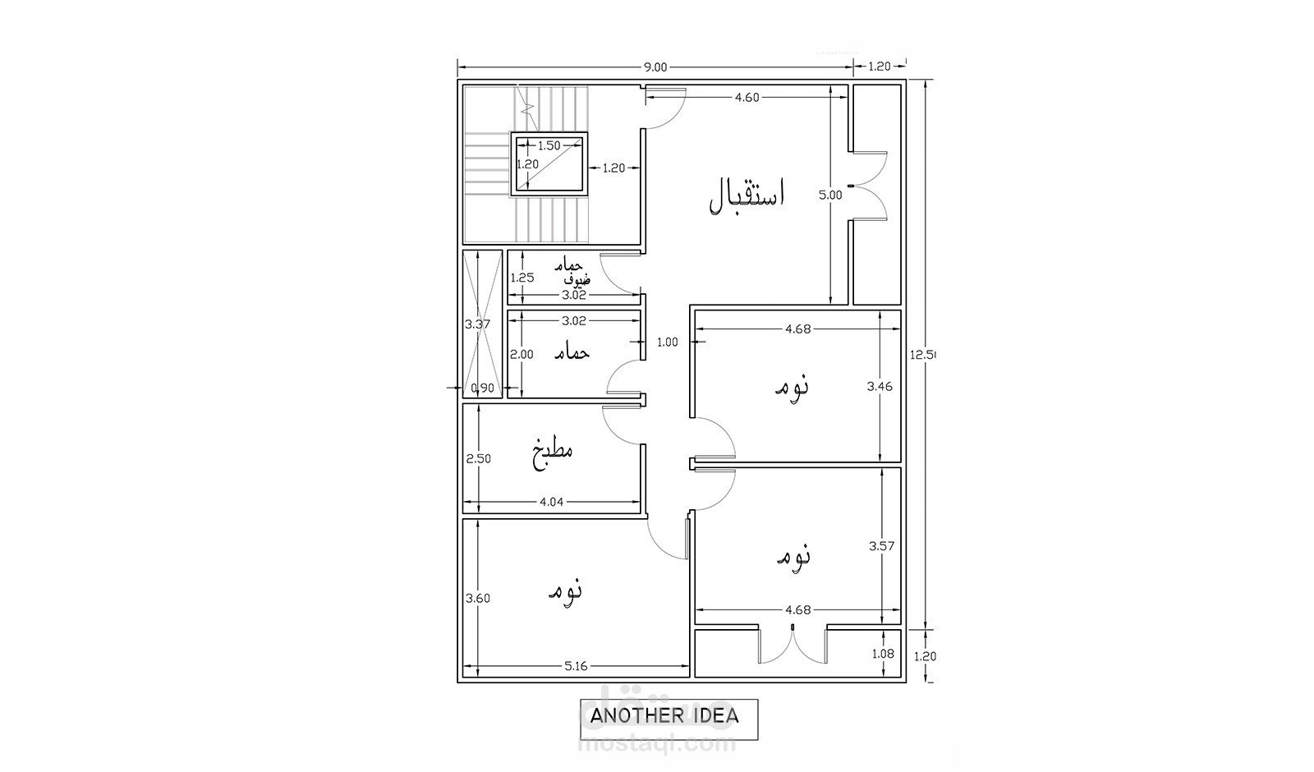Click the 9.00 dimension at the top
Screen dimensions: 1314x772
[x=655, y=67]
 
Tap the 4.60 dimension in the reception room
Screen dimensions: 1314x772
[x=747, y=98]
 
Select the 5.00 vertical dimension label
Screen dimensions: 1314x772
[x=830, y=195]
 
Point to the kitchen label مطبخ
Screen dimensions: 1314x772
[x=553, y=453]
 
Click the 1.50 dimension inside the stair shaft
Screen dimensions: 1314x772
[x=549, y=145]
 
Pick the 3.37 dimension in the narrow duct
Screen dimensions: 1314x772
[x=477, y=324]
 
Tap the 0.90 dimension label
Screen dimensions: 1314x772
[x=483, y=388]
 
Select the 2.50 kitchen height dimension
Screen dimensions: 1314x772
[x=478, y=459]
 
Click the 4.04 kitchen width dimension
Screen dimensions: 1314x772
[x=551, y=502]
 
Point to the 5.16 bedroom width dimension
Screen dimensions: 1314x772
[x=576, y=666]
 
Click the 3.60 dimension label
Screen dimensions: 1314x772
[x=477, y=599]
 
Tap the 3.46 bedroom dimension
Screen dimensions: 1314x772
[x=880, y=386]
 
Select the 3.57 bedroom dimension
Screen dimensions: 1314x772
[x=882, y=546]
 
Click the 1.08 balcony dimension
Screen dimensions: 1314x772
[x=883, y=654]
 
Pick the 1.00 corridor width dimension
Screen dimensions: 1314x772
[x=667, y=342]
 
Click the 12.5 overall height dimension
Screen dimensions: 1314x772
[x=923, y=354]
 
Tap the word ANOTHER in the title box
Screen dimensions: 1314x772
[x=629, y=715]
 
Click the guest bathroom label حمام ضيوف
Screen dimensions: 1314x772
[x=572, y=272]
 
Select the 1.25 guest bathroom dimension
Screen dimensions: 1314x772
[x=521, y=278]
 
